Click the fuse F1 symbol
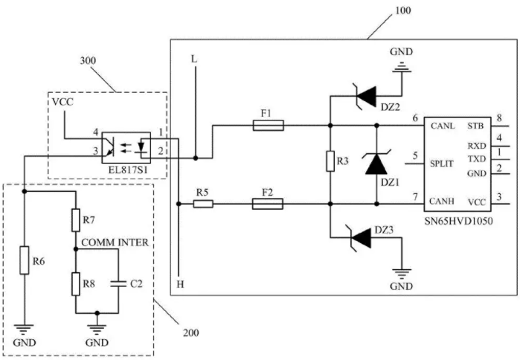[268, 125]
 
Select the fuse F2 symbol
[268, 204]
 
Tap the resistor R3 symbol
[330, 161]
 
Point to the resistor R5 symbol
[203, 204]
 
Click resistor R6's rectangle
[25, 260]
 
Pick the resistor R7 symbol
[76, 220]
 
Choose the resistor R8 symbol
[76, 284]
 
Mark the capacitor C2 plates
[118, 283]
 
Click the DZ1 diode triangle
[376, 164]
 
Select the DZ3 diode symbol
[361, 237]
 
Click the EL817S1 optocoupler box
[126, 148]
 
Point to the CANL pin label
[443, 126]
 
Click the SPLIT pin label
[442, 164]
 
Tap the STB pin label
[475, 126]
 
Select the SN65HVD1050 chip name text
[459, 221]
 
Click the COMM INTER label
[115, 242]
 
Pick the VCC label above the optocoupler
[62, 102]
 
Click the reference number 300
[88, 61]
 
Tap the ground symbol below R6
[25, 330]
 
